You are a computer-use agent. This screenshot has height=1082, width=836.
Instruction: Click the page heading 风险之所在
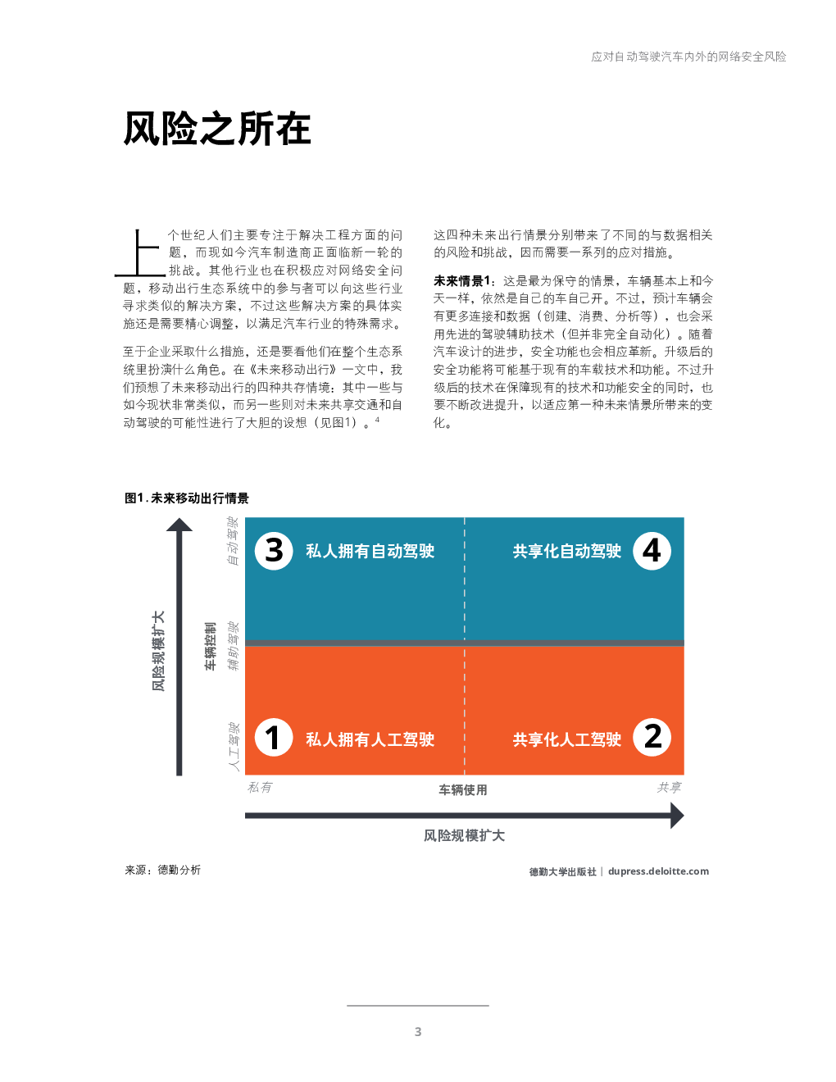217,129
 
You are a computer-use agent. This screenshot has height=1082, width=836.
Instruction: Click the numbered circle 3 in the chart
274,551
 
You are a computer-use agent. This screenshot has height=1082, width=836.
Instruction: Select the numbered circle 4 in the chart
652,551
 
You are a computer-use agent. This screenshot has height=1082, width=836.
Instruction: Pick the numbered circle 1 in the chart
274,738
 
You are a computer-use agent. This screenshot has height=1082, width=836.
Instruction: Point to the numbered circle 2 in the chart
652,738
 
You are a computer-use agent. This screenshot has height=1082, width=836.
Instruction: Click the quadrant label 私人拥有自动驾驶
370,551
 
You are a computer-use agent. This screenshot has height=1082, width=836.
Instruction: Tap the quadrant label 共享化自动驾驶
566,551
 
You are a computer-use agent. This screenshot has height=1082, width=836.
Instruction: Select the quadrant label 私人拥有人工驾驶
370,739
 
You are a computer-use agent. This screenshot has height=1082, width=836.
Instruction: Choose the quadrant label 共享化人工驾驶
566,739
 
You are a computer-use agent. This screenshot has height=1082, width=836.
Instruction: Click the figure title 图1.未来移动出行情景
186,498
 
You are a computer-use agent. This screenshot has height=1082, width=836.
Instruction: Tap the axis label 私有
260,787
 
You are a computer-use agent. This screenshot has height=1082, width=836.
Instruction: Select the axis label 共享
669,787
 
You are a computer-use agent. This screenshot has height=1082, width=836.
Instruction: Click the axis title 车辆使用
462,789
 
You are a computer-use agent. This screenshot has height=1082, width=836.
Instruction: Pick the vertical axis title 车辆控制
211,646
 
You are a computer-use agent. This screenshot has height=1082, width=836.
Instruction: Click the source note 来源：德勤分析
162,870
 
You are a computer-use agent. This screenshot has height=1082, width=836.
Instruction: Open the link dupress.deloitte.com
658,871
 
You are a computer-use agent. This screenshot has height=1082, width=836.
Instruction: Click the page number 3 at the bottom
418,1032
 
